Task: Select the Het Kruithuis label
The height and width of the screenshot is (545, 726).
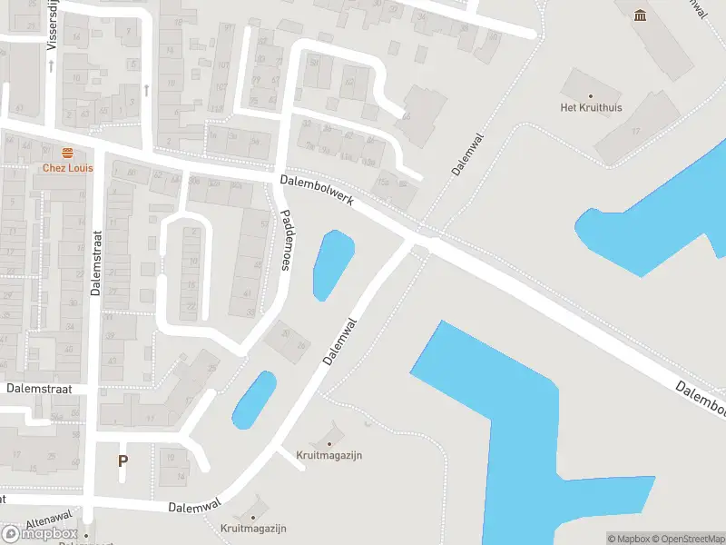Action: coord(591,107)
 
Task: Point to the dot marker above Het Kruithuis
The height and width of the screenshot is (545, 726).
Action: coord(591,95)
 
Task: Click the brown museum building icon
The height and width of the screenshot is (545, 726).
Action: coord(642,15)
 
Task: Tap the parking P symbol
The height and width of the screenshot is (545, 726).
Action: coord(123,461)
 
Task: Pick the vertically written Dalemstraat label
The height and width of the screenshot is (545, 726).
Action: coord(95,263)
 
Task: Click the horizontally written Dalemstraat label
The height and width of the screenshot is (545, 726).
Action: coord(38,389)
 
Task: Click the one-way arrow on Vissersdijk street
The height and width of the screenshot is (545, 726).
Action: coord(51,65)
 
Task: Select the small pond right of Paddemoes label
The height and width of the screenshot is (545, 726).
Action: coord(332,264)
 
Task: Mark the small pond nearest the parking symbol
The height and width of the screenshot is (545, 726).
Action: coord(253,400)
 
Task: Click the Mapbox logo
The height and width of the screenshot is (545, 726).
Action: coord(39,533)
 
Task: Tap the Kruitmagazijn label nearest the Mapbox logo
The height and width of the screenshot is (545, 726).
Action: coord(253,528)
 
